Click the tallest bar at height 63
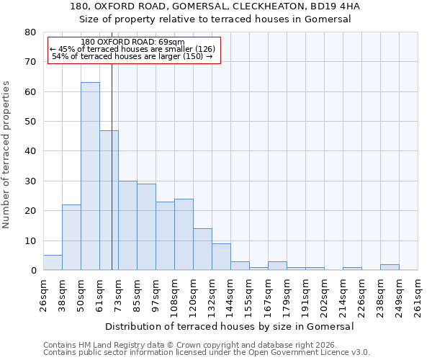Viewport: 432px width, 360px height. click(90, 176)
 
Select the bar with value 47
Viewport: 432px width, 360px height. click(109, 200)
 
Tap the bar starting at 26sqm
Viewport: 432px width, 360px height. click(53, 263)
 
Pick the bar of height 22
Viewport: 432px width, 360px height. click(71, 238)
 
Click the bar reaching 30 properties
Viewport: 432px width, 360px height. click(127, 225)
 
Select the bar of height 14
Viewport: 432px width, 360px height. click(202, 249)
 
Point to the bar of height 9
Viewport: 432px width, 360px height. click(221, 257)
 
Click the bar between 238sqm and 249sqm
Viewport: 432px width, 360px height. click(390, 267)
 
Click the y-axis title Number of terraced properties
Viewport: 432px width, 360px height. click(6, 154)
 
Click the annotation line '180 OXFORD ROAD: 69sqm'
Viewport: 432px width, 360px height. click(132, 42)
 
